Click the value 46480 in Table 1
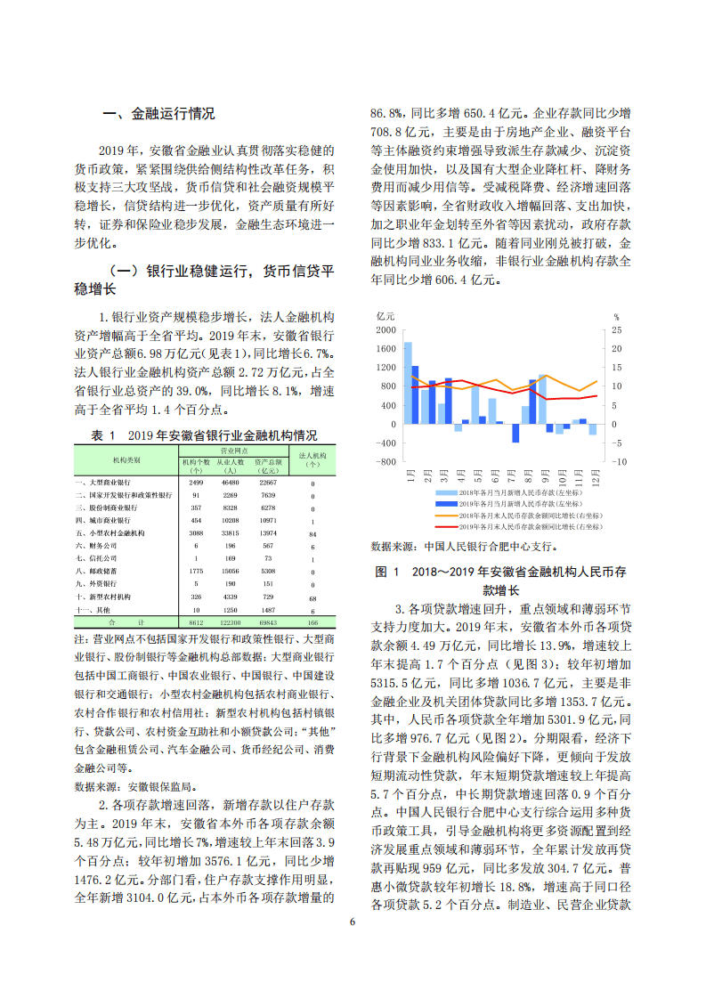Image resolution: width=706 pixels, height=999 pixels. [230, 482]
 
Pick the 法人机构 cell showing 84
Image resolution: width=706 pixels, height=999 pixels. [312, 533]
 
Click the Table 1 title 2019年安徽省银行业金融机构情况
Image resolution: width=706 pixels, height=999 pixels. [222, 435]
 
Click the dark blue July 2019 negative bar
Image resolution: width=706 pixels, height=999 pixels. [515, 433]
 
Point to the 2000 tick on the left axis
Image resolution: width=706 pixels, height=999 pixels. [385, 329]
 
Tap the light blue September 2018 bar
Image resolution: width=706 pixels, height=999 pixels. [542, 400]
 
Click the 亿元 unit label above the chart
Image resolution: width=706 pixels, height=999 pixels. [385, 316]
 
